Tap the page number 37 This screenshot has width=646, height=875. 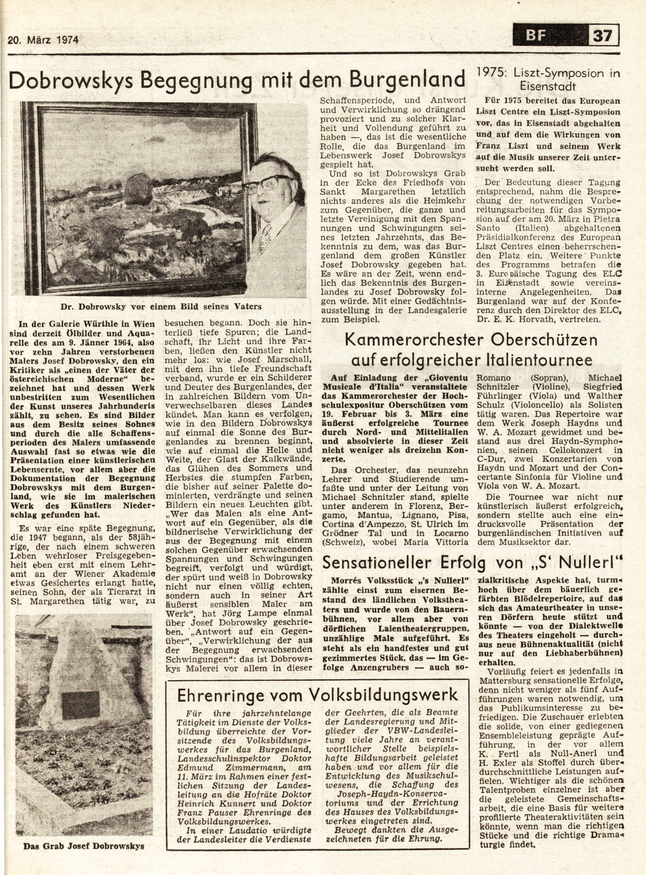[603, 35]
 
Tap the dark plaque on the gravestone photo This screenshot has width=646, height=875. [81, 705]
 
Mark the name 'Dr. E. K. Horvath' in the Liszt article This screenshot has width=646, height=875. [519, 319]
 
